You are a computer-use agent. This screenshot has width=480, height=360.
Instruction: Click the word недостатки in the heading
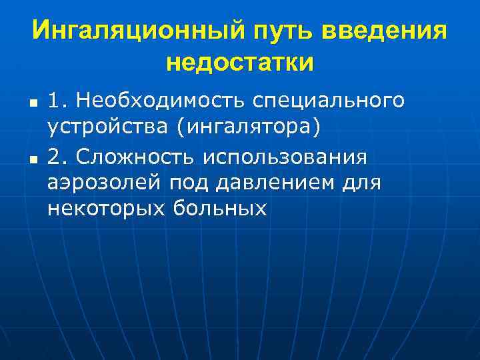point(239,63)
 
